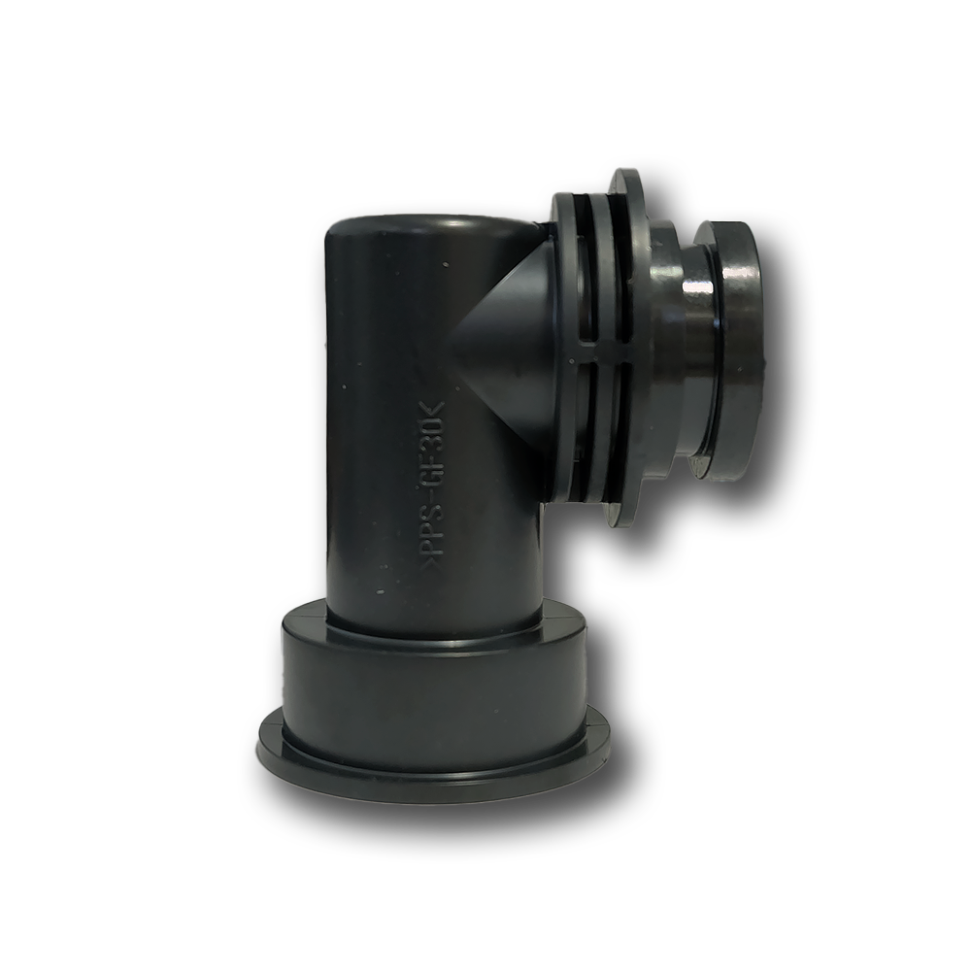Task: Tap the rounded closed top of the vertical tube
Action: (x=427, y=230)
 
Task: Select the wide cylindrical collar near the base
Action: (x=433, y=675)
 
